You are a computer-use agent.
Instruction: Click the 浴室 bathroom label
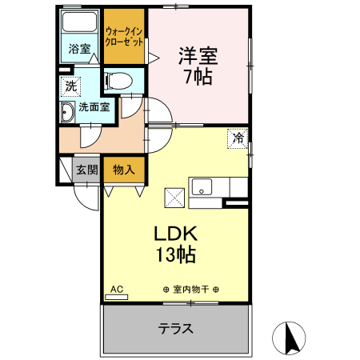click(78, 49)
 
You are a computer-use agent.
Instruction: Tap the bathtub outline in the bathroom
click(79, 22)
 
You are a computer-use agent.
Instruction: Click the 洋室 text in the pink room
click(198, 57)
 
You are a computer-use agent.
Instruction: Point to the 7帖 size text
click(198, 78)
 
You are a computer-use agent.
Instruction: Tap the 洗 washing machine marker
click(71, 85)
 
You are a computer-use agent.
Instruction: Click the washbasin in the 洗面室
click(67, 114)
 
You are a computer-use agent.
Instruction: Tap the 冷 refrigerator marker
click(238, 138)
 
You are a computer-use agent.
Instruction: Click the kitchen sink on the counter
click(201, 188)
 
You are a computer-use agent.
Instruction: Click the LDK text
click(177, 234)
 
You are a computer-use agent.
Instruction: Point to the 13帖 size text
click(177, 255)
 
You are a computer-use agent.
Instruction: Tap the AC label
click(116, 289)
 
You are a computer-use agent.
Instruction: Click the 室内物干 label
click(190, 290)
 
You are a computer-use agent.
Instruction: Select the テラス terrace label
click(175, 329)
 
